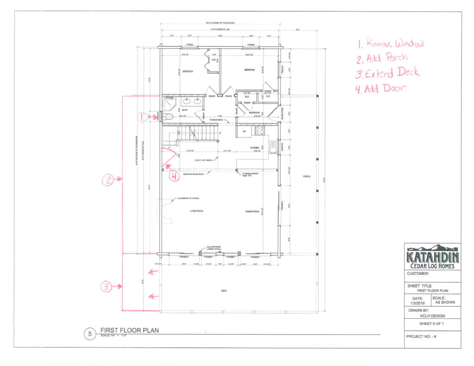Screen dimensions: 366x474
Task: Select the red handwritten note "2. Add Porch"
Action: tap(382, 58)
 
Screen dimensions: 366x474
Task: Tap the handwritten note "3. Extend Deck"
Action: tap(387, 73)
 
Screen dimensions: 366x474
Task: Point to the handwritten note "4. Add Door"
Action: tap(379, 88)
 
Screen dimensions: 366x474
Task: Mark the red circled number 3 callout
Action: tap(106, 287)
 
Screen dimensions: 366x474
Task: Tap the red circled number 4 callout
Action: tap(174, 176)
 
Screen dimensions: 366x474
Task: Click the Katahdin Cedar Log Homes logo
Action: tap(432, 257)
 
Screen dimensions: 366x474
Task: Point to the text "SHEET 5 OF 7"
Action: tap(432, 324)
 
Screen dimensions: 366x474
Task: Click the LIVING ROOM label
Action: tap(197, 211)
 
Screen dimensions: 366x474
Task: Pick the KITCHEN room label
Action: tap(255, 148)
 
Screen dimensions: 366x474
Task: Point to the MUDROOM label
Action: tap(254, 112)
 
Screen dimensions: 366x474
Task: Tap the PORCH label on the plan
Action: tap(306, 177)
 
